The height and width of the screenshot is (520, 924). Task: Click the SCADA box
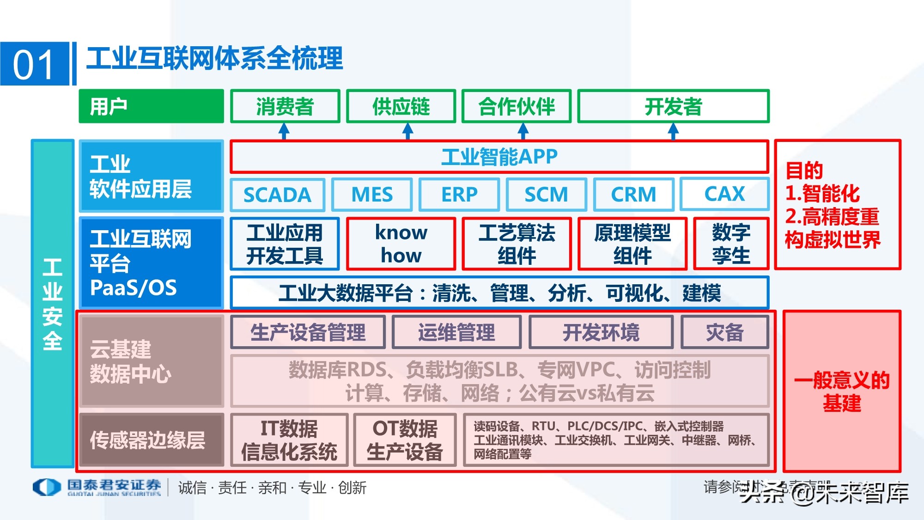[277, 195]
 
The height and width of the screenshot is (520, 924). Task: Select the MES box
[372, 195]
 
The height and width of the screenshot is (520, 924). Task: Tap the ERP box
[459, 195]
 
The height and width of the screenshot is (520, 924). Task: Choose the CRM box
[633, 195]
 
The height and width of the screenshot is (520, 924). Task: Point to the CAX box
[724, 194]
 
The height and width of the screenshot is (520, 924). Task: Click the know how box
[401, 244]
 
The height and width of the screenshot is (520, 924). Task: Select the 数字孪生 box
[731, 244]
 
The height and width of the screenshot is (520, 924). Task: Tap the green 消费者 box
[285, 106]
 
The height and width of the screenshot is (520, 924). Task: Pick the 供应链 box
[401, 106]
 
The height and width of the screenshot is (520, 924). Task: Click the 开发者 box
[673, 106]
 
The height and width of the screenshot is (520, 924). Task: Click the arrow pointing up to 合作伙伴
[523, 131]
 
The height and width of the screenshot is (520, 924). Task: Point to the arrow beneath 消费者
[284, 131]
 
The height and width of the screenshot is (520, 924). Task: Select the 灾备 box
[724, 332]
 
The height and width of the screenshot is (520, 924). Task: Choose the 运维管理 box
[456, 332]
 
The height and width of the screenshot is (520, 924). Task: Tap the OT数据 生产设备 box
[405, 440]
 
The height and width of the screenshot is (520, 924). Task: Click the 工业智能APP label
[499, 157]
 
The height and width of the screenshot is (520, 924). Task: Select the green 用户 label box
[151, 106]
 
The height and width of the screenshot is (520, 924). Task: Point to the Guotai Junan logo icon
[47, 487]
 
